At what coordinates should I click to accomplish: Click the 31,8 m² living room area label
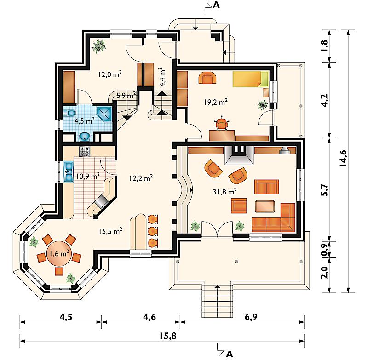pyautogui.click(x=224, y=192)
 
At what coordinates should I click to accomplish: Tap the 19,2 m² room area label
pyautogui.click(x=215, y=102)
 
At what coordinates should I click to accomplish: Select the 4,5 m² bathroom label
pyautogui.click(x=84, y=121)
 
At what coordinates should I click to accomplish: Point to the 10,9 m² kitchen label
pyautogui.click(x=88, y=176)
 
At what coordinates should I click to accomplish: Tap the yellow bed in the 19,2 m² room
pyautogui.click(x=250, y=79)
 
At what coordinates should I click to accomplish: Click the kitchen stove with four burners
pyautogui.click(x=85, y=151)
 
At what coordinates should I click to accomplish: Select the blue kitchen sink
pyautogui.click(x=68, y=171)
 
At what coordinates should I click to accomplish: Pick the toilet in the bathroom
pyautogui.click(x=69, y=114)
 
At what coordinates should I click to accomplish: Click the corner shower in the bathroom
pyautogui.click(x=104, y=114)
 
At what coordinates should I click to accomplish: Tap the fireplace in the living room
pyautogui.click(x=239, y=155)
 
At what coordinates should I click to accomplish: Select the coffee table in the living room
pyautogui.click(x=265, y=206)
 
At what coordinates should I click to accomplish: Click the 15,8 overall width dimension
pyautogui.click(x=168, y=336)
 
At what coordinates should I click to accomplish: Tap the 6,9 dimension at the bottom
pyautogui.click(x=251, y=317)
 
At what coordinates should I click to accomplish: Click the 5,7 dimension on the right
pyautogui.click(x=325, y=190)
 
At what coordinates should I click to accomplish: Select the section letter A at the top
pyautogui.click(x=216, y=5)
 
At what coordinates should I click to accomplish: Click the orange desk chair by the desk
pyautogui.click(x=222, y=124)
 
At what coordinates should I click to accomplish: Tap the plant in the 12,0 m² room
pyautogui.click(x=98, y=46)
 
